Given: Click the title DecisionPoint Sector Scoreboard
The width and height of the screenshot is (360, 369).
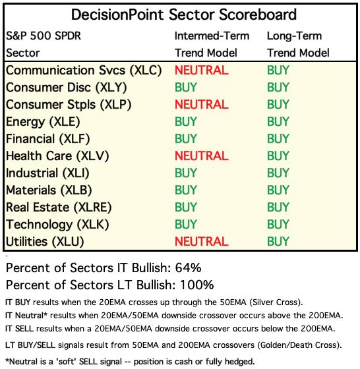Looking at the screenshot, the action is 184,14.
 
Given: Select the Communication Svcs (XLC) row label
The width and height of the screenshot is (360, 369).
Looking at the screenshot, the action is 84,71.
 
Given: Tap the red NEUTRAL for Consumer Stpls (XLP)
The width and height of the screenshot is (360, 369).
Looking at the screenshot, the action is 202,105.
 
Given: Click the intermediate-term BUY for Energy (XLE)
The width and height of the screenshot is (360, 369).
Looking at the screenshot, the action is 186,122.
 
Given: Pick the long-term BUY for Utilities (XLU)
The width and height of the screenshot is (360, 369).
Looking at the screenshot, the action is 278,241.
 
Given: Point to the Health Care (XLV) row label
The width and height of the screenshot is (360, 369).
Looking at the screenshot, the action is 57,156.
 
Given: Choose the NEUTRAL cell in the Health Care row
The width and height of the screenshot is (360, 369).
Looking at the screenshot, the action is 202,156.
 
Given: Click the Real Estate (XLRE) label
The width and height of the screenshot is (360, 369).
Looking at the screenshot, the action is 59,208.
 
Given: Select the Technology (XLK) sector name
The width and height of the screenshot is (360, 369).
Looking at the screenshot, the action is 57,225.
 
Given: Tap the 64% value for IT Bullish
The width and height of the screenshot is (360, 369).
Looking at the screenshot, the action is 188,268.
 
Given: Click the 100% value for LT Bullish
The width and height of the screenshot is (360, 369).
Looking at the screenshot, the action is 197,285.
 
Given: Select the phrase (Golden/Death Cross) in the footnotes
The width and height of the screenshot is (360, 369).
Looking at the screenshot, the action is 299,345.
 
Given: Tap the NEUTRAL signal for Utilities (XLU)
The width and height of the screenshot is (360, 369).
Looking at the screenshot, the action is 202,241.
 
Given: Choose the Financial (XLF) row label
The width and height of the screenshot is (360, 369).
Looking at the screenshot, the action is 47,139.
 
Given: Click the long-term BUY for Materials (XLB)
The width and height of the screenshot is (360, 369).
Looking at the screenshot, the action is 278,190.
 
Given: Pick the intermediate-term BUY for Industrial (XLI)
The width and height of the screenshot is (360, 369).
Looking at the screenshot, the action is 186,173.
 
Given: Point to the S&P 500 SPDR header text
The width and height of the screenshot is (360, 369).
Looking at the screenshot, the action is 44,36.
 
